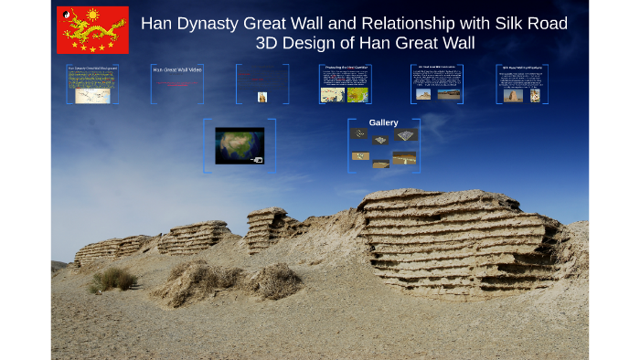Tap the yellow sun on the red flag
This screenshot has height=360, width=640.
[x=91, y=16]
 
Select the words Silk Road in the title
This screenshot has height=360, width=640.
[x=531, y=24]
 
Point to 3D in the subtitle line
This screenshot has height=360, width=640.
[x=270, y=43]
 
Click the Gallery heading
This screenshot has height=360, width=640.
[x=383, y=122]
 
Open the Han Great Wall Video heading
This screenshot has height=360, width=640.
[x=177, y=69]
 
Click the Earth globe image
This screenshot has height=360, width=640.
[x=239, y=145]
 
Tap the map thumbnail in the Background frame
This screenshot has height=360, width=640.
[x=92, y=94]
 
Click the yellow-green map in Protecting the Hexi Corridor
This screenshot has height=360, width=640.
[x=358, y=94]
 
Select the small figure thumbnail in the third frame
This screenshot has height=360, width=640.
[x=262, y=96]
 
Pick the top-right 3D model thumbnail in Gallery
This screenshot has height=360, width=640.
[x=407, y=135]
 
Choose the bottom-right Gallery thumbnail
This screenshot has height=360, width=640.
[x=404, y=158]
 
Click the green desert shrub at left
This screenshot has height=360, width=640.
[x=112, y=279]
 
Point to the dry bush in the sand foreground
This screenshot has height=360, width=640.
[x=274, y=281]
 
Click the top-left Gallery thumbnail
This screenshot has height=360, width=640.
[x=360, y=133]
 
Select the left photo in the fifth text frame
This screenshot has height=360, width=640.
[x=423, y=94]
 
